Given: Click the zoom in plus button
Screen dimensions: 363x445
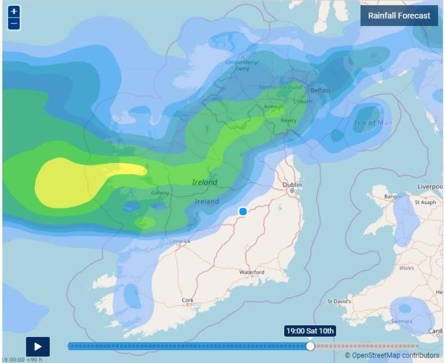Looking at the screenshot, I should (x=14, y=12).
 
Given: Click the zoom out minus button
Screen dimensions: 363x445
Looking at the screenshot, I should (x=14, y=24).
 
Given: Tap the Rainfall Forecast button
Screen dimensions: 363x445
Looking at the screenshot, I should (x=399, y=15).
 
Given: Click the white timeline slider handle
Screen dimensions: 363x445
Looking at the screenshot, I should (x=310, y=346).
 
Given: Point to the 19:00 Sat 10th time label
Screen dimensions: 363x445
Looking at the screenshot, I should (x=310, y=331).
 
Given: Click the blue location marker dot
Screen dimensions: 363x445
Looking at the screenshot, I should (x=243, y=212).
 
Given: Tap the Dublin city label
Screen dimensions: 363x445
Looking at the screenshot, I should (x=292, y=185).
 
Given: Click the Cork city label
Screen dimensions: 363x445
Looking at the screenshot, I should (x=188, y=300).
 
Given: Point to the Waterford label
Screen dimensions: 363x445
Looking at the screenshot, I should (x=252, y=272).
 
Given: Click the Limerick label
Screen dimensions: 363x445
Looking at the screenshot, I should (x=180, y=241).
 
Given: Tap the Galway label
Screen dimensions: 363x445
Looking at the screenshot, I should (x=160, y=193).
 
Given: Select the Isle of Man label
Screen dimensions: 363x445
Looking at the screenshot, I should (x=373, y=123).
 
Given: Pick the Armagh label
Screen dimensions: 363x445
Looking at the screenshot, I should (x=273, y=106).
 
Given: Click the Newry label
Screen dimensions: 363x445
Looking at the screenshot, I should (x=288, y=120).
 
